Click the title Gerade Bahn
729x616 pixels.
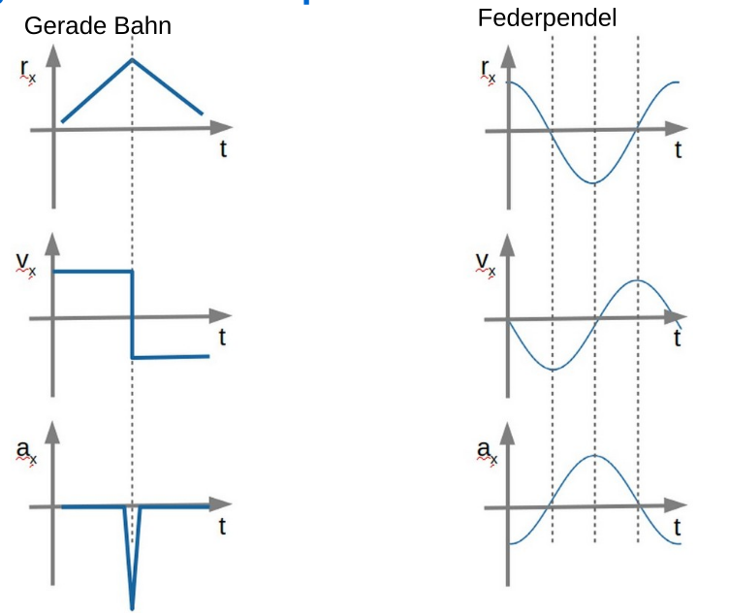coord(97,26)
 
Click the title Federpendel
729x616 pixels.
coord(547,18)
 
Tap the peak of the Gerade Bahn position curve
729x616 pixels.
coord(133,60)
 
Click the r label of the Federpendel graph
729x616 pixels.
coord(486,69)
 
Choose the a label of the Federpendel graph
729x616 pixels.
coord(485,450)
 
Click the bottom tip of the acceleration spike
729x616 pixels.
coord(133,608)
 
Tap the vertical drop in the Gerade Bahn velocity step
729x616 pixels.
coord(132,315)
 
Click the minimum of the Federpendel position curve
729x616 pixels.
coord(594,182)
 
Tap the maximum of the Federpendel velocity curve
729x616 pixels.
coord(637,280)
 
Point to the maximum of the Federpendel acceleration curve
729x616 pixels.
coord(594,456)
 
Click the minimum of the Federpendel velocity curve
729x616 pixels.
coord(552,370)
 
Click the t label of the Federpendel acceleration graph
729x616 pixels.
coord(679,528)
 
